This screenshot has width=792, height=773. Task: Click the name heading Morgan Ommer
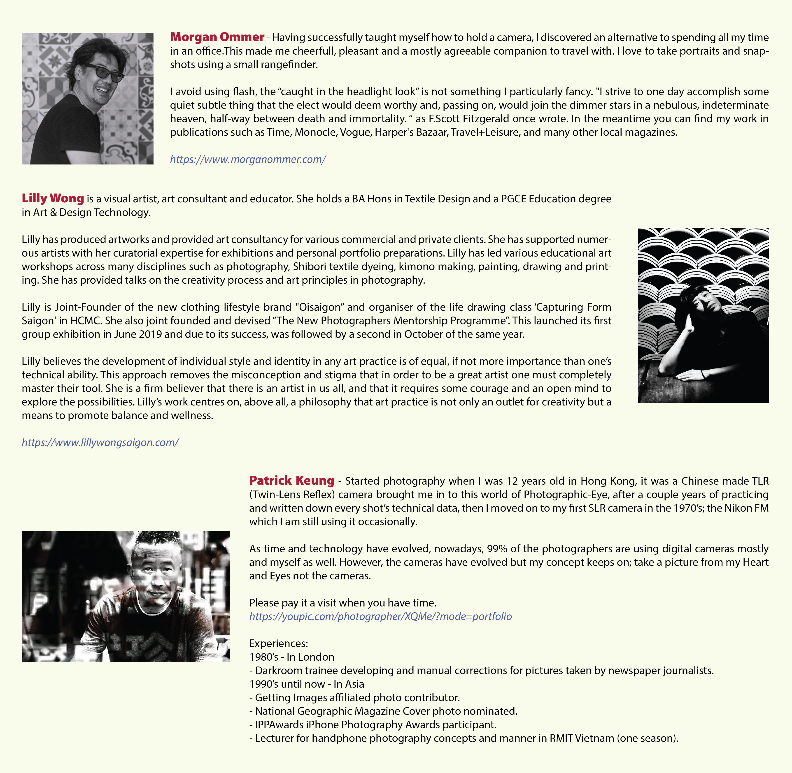[x=217, y=37]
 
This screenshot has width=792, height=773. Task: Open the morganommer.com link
[x=248, y=159]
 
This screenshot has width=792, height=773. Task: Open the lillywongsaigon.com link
[x=100, y=442]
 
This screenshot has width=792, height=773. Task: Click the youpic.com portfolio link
[x=380, y=616]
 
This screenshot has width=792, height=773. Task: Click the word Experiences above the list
[x=278, y=643]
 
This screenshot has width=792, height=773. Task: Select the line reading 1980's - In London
[x=292, y=657]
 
